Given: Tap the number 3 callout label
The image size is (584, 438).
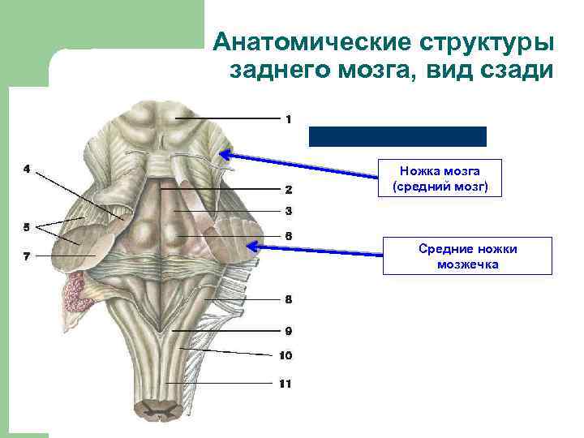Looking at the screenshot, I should (x=288, y=211).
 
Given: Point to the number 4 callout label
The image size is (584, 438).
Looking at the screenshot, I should (x=27, y=170).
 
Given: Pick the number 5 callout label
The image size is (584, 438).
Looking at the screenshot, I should (x=27, y=226).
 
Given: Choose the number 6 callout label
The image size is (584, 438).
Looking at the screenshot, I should (x=288, y=236).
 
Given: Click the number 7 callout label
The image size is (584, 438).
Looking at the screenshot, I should (x=27, y=256).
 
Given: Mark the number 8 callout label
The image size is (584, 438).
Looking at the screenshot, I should (x=288, y=298).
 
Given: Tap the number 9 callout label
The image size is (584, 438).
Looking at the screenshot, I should (x=288, y=331).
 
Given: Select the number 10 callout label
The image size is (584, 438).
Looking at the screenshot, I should (x=286, y=355).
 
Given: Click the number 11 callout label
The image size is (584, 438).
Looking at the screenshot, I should (x=285, y=384).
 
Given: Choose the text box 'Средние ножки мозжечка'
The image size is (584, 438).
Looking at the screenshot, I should (x=467, y=255).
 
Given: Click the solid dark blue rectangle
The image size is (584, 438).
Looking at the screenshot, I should (x=397, y=136).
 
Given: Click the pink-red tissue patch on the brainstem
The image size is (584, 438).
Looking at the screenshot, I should (x=81, y=293).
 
